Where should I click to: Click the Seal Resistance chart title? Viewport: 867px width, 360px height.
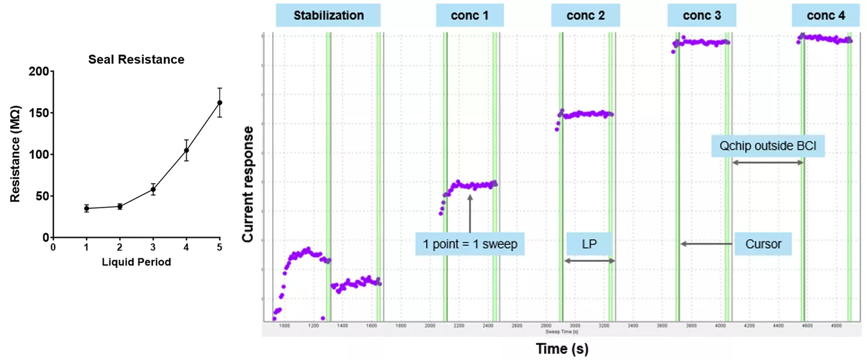tap(136, 60)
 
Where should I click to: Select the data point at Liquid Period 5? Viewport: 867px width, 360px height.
tap(220, 102)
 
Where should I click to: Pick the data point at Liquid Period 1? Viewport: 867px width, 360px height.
tap(87, 208)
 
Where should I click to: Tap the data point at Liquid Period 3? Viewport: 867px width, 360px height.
tap(154, 190)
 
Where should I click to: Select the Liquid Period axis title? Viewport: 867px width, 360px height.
tap(137, 262)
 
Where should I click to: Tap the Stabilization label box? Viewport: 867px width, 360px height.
tap(329, 16)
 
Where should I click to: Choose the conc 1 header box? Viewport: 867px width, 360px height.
tap(470, 16)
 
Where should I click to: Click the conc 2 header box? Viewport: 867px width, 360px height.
tap(586, 16)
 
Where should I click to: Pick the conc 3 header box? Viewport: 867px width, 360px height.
tap(702, 16)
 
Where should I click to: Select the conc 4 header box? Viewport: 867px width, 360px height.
tap(825, 16)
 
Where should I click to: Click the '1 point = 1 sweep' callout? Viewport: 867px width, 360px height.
tap(470, 244)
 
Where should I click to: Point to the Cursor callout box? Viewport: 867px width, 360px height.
tap(763, 244)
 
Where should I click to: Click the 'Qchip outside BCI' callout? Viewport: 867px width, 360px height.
tap(766, 145)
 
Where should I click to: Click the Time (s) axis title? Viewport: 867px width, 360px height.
tap(562, 348)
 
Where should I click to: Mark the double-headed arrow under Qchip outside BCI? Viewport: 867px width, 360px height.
tap(768, 163)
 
